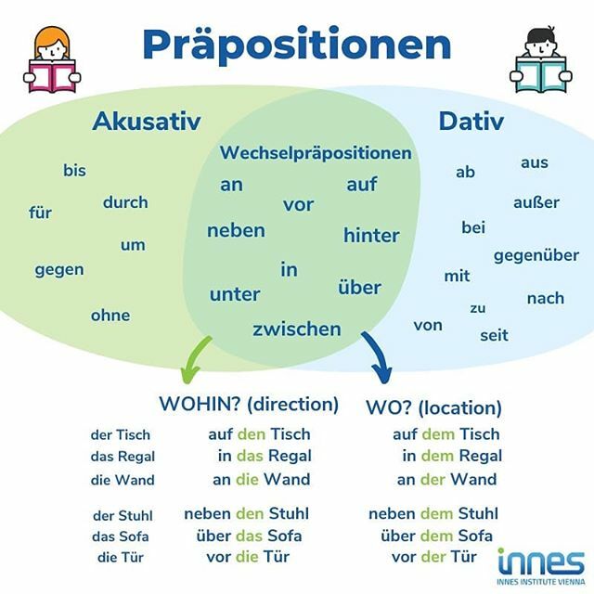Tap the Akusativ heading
point(147,122)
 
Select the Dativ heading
point(471,122)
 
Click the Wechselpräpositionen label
point(316,153)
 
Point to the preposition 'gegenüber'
point(536,255)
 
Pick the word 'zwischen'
point(297,329)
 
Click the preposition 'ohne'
point(110,316)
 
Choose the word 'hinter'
point(371,235)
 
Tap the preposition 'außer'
point(536,201)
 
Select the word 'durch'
point(125,202)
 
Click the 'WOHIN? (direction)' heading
point(249,405)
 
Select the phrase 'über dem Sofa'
point(436,536)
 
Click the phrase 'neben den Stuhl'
point(246,513)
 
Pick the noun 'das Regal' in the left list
point(123,456)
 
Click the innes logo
point(540,562)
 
